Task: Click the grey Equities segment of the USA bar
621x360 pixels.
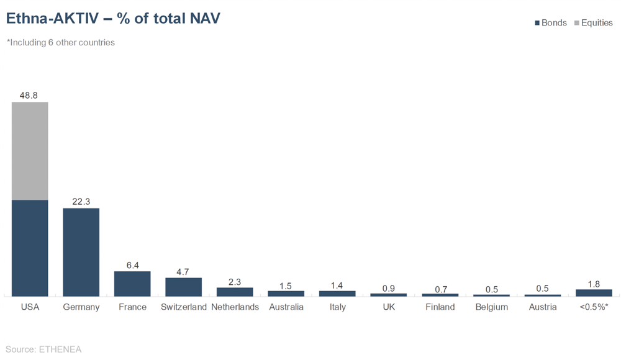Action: tap(30, 151)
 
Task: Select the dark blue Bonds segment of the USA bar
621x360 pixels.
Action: tap(30, 248)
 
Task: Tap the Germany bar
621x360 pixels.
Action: tap(81, 252)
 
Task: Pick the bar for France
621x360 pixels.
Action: tap(132, 284)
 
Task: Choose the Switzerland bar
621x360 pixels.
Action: tap(183, 287)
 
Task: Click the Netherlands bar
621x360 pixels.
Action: tap(235, 292)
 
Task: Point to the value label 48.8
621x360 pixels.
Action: tap(30, 96)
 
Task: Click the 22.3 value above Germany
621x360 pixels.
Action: tap(81, 202)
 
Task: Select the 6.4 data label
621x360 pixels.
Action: tap(132, 265)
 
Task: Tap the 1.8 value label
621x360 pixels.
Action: tap(594, 284)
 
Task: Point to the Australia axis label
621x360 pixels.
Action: tap(286, 307)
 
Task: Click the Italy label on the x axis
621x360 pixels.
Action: tap(337, 307)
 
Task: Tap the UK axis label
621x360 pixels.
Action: tap(389, 307)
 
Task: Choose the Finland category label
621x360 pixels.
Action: tap(440, 307)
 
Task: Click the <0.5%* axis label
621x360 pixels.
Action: tap(594, 307)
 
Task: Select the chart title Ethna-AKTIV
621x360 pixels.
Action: tap(112, 19)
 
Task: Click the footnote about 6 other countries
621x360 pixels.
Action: tap(61, 43)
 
